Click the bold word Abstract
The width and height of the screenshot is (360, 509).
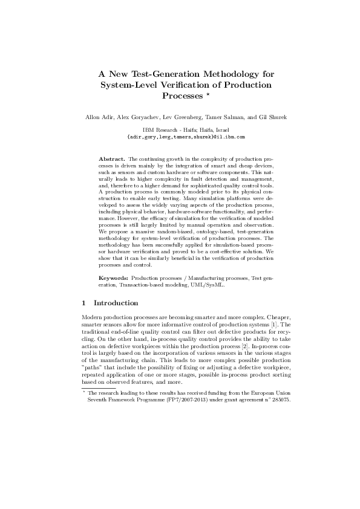point(112,158)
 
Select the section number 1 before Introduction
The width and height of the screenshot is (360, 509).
point(83,303)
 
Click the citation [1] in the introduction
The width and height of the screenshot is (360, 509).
point(272,325)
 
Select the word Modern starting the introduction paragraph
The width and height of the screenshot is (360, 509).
point(91,317)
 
